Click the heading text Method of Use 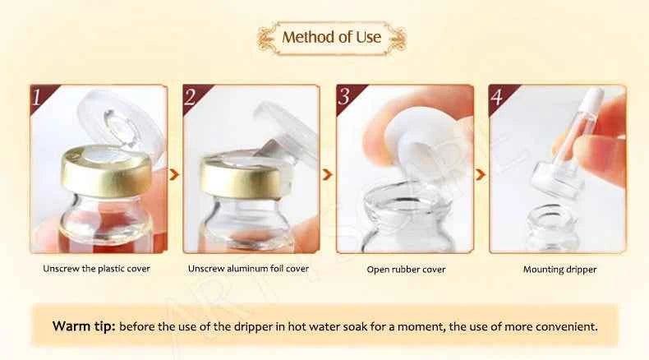(332, 38)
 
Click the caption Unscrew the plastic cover (97, 269)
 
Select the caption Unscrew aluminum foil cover (248, 269)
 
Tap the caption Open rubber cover (406, 270)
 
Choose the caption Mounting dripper (559, 270)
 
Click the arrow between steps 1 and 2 (173, 174)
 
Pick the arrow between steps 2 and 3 (327, 174)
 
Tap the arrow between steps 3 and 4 (481, 174)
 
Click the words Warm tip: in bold (84, 326)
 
